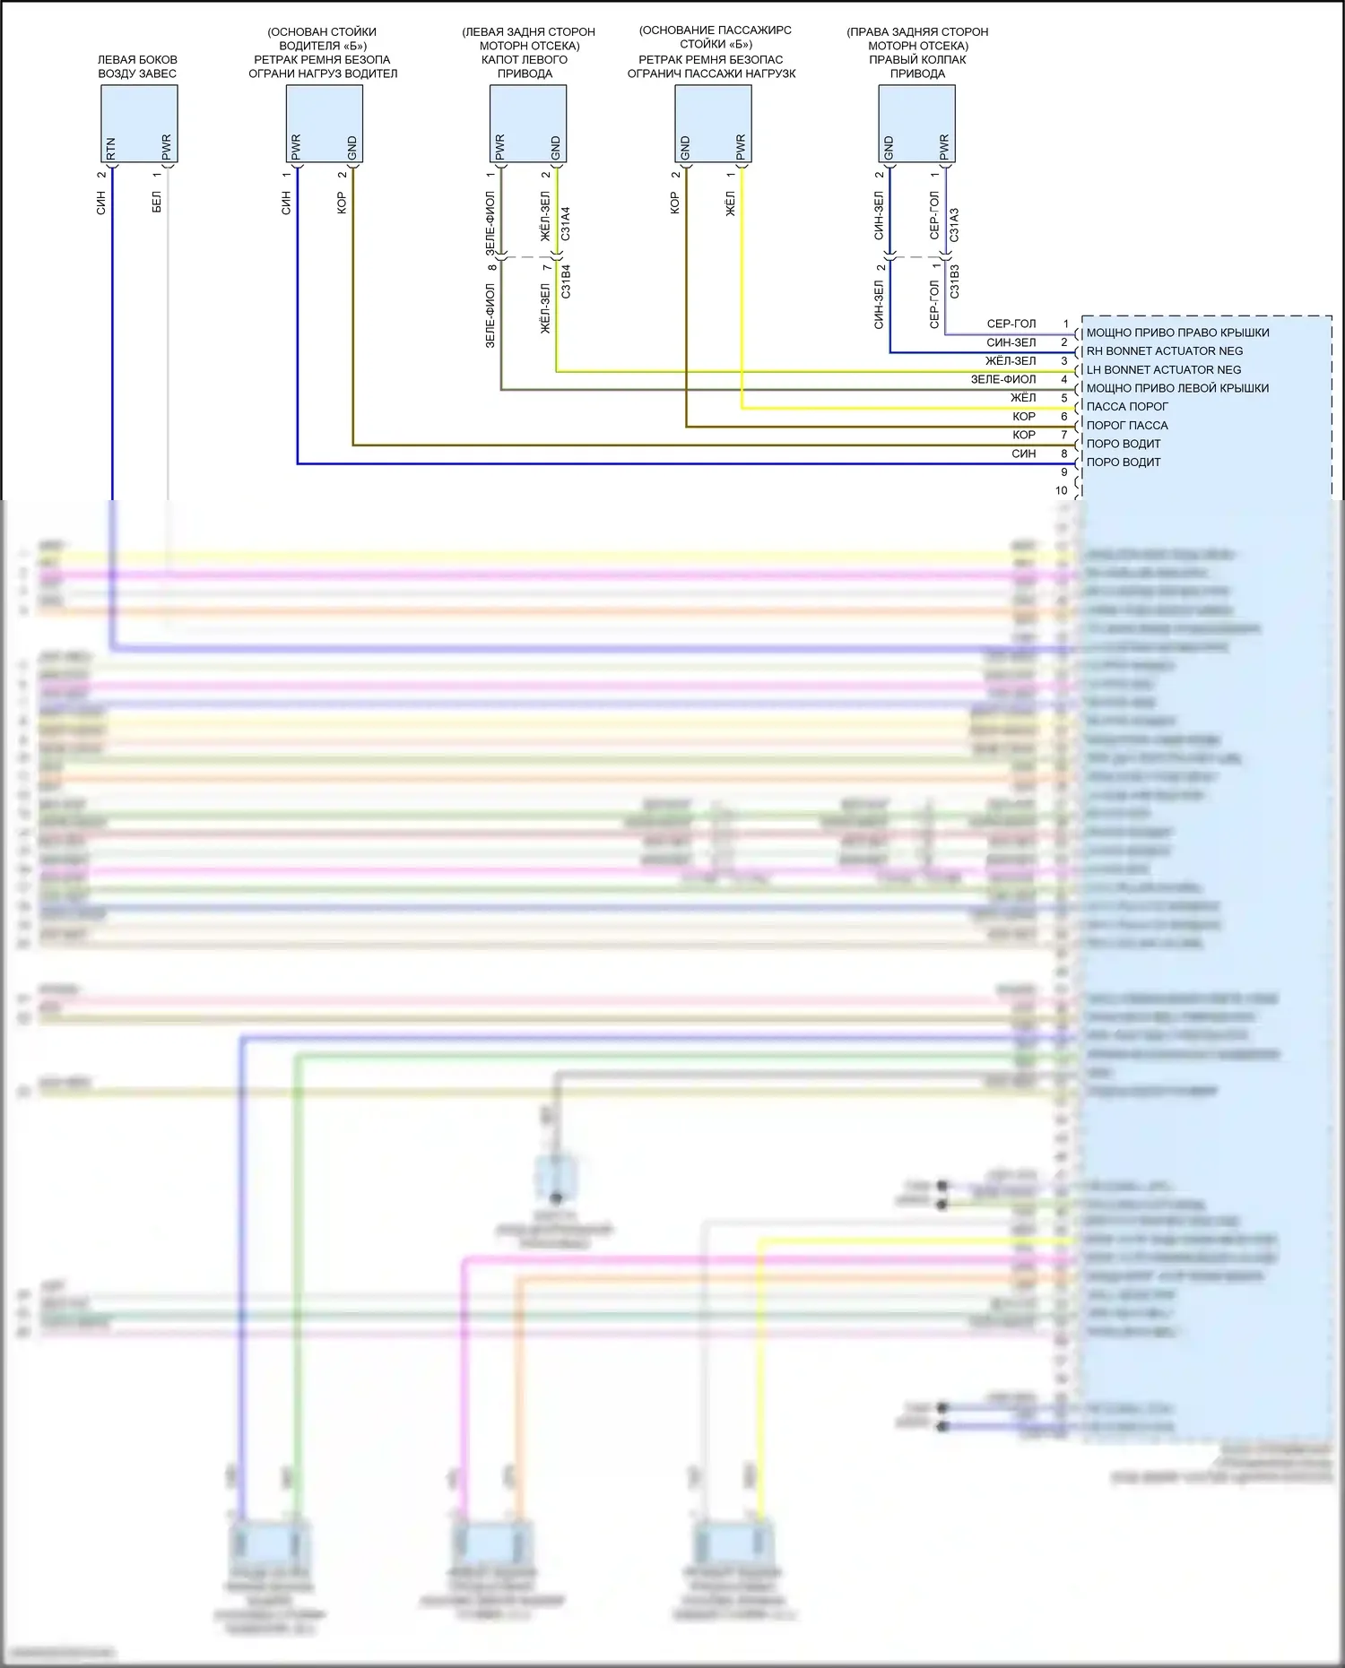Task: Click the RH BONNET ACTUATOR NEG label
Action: (1164, 351)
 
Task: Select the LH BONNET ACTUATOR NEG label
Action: (1163, 370)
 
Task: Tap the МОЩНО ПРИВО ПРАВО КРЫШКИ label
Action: (1177, 333)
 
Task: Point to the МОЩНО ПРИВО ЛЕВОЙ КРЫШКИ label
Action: (1177, 388)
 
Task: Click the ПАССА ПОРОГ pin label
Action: (1127, 407)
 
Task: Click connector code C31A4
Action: (565, 224)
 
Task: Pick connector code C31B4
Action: (565, 281)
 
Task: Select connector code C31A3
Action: (954, 225)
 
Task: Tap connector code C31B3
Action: (954, 281)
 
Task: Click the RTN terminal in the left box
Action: (111, 149)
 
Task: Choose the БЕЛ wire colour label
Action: (157, 202)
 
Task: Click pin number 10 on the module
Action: (1062, 491)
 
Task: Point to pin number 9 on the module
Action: (1064, 472)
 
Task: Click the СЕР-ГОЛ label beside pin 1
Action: (1011, 324)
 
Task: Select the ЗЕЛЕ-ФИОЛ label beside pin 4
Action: (1002, 379)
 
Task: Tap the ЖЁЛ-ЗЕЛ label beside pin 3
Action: (1010, 361)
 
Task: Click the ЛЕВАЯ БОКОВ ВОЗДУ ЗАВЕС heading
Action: (137, 66)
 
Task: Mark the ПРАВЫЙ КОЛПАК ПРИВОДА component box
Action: (916, 124)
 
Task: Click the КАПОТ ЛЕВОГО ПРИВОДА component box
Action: (527, 124)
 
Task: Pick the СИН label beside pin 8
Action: (1023, 454)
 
